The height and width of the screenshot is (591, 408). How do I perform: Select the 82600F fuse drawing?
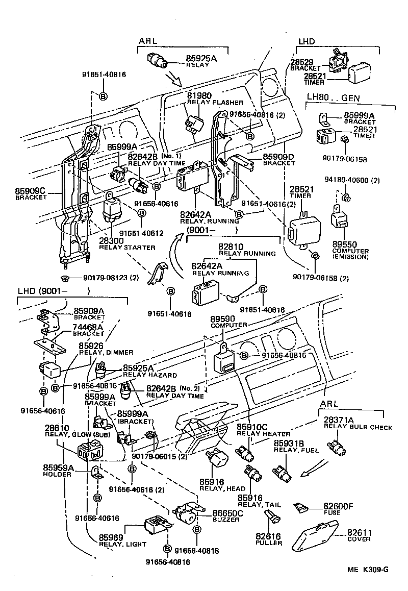pos(301,507)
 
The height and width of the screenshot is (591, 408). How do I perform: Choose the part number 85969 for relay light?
pos(111,537)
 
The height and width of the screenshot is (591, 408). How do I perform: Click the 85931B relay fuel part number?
pos(288,443)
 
